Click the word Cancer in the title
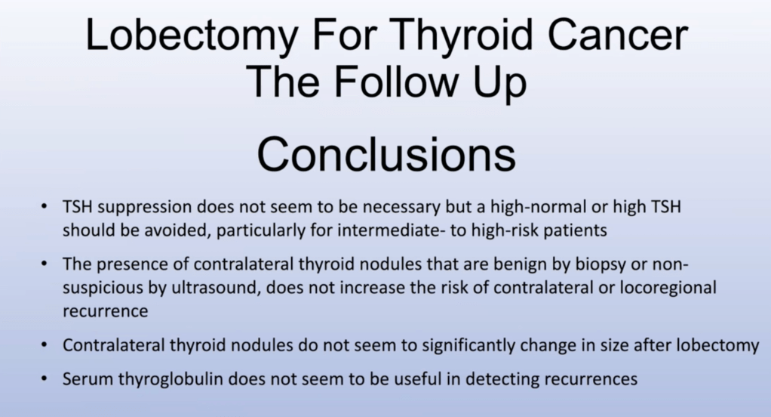[618, 36]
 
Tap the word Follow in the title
[402, 82]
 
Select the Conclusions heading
[386, 155]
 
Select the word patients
[575, 230]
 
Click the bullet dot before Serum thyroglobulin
[45, 378]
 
